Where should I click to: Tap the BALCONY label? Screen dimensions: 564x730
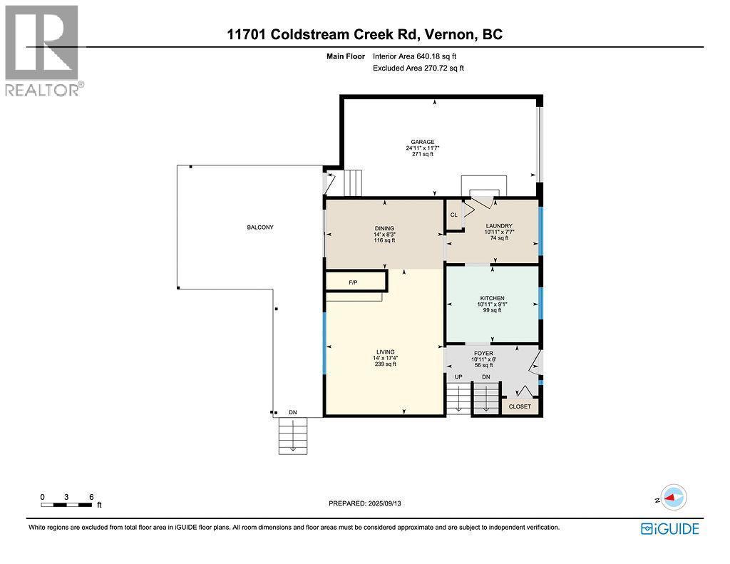(x=260, y=227)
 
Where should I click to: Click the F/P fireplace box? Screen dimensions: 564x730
(x=354, y=282)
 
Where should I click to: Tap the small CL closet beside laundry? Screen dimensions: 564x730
(x=453, y=215)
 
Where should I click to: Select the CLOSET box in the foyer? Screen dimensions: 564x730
(x=520, y=406)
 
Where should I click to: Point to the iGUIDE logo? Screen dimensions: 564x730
(x=669, y=528)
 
